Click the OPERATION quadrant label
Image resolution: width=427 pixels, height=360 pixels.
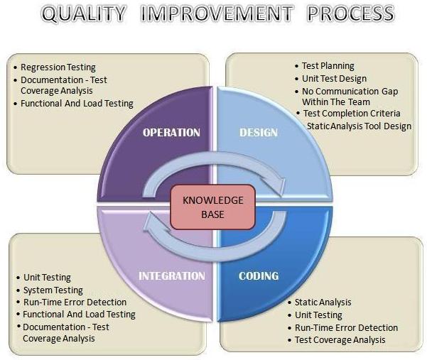pos(172,132)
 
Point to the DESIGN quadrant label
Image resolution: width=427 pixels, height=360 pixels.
pos(259,132)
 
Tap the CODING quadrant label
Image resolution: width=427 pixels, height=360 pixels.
pos(259,275)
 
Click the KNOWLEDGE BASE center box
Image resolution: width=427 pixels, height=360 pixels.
pos(213,207)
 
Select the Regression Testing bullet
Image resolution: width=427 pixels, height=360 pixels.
pos(58,67)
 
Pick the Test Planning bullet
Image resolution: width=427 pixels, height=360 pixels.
pos(328,66)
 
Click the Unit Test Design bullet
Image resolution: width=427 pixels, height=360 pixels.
pos(334,78)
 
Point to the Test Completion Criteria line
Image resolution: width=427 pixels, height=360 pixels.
pos(352,114)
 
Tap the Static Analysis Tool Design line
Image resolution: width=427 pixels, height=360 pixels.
pos(359,126)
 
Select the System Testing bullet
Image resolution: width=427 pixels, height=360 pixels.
pos(53,290)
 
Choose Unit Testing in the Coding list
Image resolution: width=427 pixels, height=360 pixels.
pos(318,315)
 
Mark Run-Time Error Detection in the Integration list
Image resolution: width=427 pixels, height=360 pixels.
pos(75,302)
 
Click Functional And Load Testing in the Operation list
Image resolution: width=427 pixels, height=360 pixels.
pos(77,104)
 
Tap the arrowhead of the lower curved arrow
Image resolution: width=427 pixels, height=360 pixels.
pos(151,222)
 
